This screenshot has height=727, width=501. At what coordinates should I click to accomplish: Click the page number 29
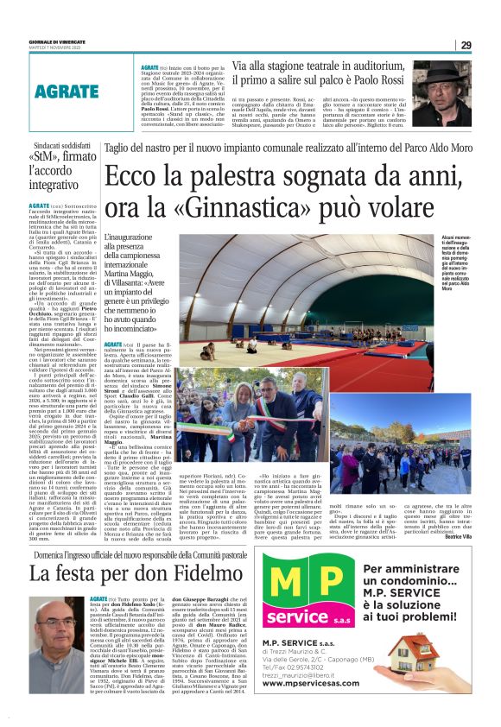click(x=466, y=45)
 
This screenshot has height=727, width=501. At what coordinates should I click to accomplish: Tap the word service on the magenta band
click(x=301, y=618)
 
